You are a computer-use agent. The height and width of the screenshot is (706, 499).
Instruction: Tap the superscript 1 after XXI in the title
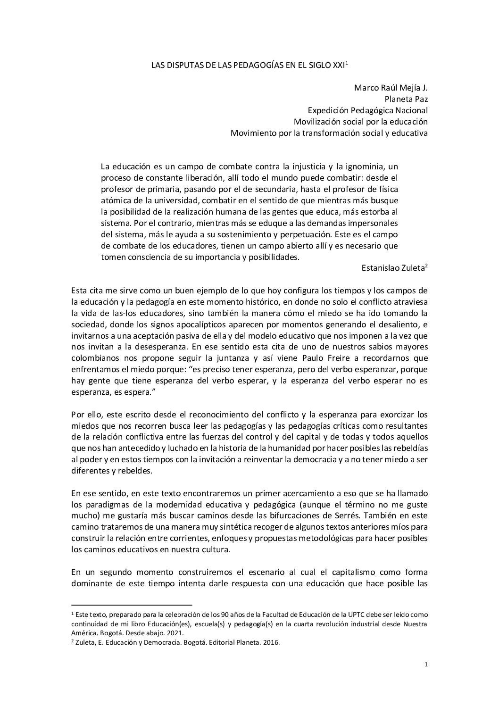point(346,63)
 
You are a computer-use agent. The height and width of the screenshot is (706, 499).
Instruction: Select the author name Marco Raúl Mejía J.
point(391,88)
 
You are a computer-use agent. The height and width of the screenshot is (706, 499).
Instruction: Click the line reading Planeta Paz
point(406,99)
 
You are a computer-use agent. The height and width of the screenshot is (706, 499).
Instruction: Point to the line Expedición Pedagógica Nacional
point(367,110)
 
